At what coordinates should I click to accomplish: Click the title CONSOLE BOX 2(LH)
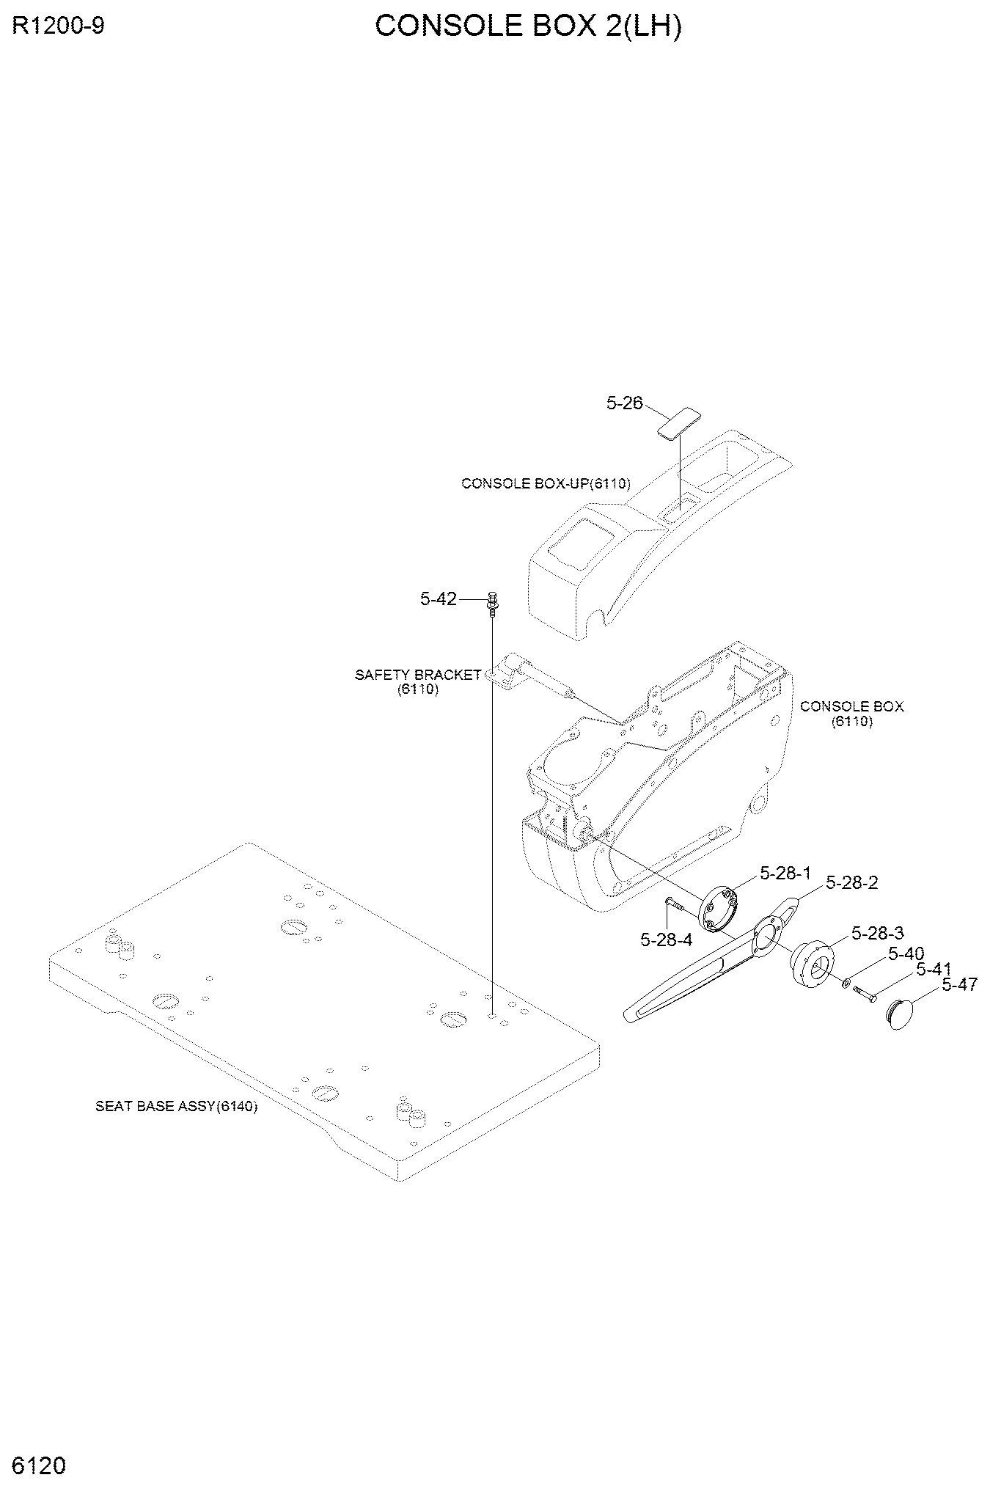(x=528, y=26)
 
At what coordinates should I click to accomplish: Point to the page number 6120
(x=40, y=1465)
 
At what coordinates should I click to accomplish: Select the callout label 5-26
(x=624, y=403)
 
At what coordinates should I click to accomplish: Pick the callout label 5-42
(x=439, y=599)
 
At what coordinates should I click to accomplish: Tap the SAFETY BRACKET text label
(x=418, y=675)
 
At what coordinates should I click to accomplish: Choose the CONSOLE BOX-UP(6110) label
(x=546, y=483)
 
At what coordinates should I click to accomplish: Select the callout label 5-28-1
(x=785, y=873)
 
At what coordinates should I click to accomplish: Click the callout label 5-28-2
(x=852, y=883)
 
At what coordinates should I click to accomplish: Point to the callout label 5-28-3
(x=878, y=933)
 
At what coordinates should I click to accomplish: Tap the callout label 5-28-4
(x=667, y=940)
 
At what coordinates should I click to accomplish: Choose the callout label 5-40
(x=906, y=953)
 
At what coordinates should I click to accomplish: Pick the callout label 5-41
(x=934, y=970)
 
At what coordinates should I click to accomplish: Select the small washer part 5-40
(x=847, y=982)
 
